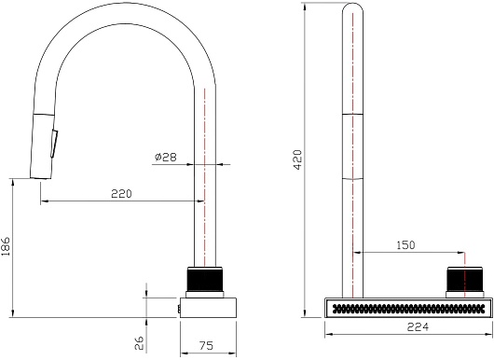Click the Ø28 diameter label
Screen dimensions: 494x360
(166, 157)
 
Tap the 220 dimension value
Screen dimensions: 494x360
(121, 194)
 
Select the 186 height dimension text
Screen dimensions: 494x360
(6, 246)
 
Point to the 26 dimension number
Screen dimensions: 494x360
(139, 342)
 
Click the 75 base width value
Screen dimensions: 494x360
(206, 346)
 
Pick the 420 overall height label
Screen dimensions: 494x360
(297, 159)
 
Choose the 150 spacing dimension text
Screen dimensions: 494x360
(405, 245)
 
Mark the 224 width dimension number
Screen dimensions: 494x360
(418, 327)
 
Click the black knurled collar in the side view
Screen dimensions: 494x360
(205, 279)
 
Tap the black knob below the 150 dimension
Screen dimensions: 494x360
(465, 279)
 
